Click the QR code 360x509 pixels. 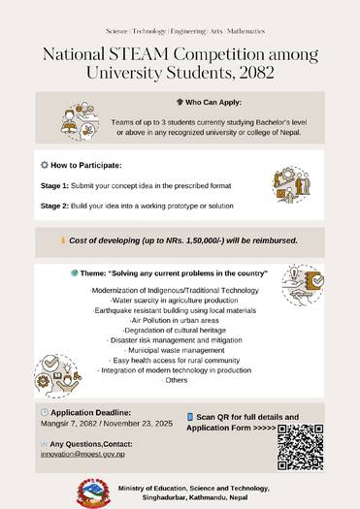pos(301,447)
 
